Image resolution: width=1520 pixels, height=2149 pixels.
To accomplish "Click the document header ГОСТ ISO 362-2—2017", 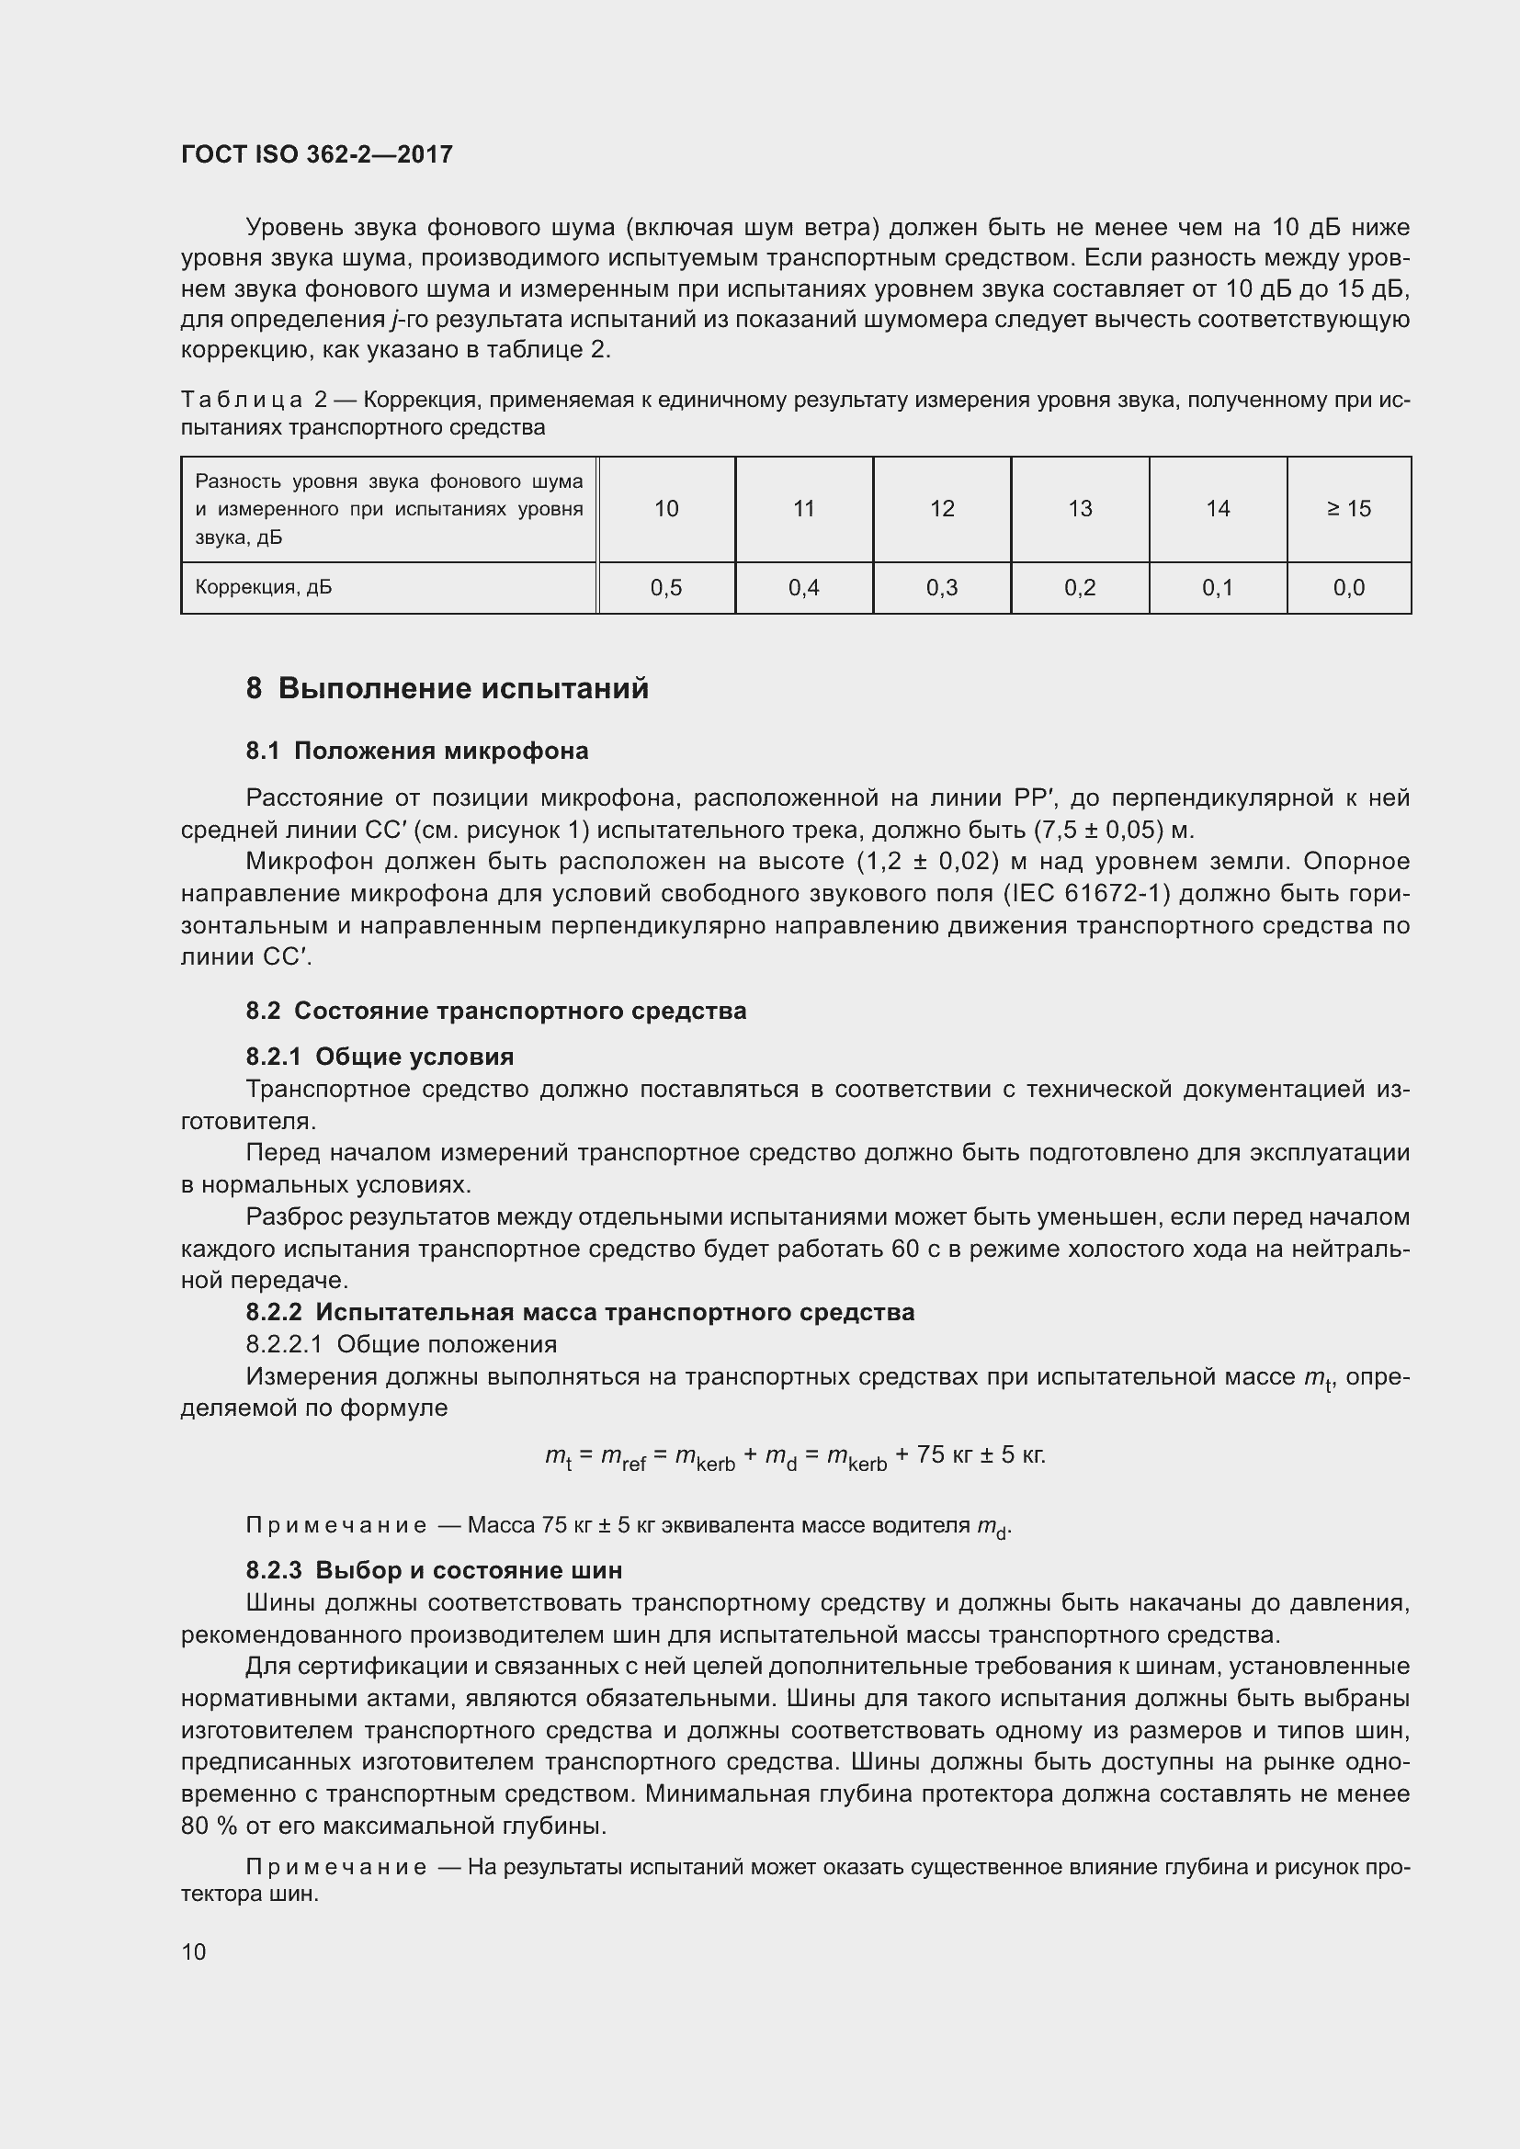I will pos(316,154).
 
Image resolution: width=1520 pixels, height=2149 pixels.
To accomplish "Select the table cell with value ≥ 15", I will pos(1348,508).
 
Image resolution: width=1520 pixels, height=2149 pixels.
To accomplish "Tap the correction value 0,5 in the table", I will pos(665,588).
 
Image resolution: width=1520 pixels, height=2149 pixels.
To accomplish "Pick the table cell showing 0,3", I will pos(942,588).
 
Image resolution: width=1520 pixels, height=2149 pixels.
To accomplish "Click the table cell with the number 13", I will pos(1079,508).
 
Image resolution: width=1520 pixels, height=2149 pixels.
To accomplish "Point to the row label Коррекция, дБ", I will pos(263,588).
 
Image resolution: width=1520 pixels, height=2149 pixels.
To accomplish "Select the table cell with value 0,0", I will pos(1348,588).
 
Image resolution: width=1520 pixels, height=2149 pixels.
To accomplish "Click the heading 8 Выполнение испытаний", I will pos(447,688).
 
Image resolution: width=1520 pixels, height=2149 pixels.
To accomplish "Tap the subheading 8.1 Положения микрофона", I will pos(416,751).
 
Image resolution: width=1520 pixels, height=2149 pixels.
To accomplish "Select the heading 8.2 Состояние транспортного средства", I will pos(495,1011).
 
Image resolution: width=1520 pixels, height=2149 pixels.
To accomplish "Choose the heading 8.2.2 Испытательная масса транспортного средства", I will pos(579,1312).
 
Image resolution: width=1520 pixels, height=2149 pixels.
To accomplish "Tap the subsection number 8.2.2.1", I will pos(284,1344).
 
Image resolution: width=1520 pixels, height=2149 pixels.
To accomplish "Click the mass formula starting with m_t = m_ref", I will pos(795,1456).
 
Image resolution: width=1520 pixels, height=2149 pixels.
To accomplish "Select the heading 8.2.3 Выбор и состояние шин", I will pos(434,1569).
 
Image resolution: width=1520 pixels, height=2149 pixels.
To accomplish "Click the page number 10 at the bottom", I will pos(193,1951).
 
